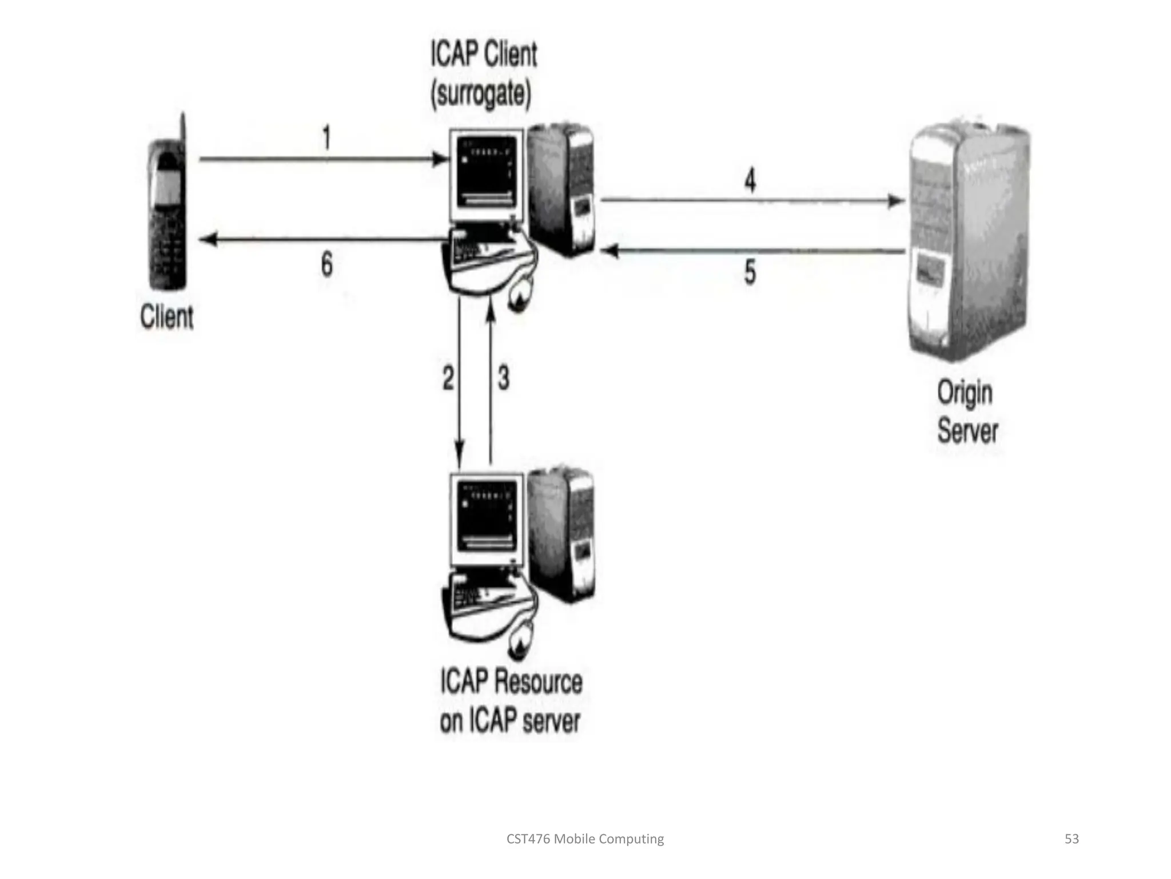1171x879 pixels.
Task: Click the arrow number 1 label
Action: [x=326, y=138]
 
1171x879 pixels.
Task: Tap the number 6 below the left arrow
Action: [x=326, y=264]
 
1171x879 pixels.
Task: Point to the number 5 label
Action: [x=750, y=272]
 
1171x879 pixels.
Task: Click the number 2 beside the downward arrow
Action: [x=448, y=378]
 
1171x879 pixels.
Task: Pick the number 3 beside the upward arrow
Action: [x=503, y=378]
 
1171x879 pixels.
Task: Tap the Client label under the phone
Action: [x=166, y=316]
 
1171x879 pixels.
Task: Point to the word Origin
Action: [x=965, y=393]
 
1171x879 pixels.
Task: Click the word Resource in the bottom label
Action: [x=537, y=682]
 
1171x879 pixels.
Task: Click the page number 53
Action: [x=1072, y=839]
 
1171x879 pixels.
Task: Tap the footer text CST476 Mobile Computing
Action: [x=585, y=839]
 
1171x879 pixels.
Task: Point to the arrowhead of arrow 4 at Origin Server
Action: [x=897, y=201]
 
